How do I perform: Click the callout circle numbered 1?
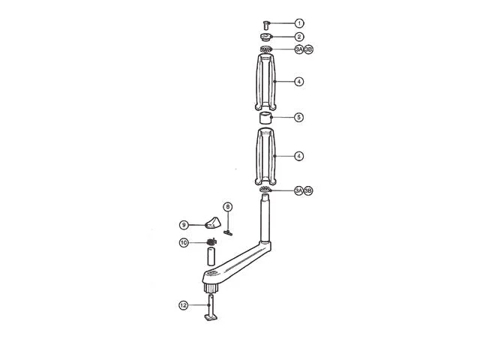pos(299,23)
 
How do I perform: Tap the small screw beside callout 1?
pos(266,25)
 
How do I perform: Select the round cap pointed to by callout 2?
pos(265,37)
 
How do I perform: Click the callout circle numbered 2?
pos(299,37)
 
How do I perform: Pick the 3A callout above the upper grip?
pos(299,49)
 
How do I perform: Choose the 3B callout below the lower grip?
pos(308,190)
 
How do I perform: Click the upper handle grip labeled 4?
pos(265,82)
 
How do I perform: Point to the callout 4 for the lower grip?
pos(299,156)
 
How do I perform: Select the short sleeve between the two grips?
pos(265,118)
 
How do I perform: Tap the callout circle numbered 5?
pos(299,117)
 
